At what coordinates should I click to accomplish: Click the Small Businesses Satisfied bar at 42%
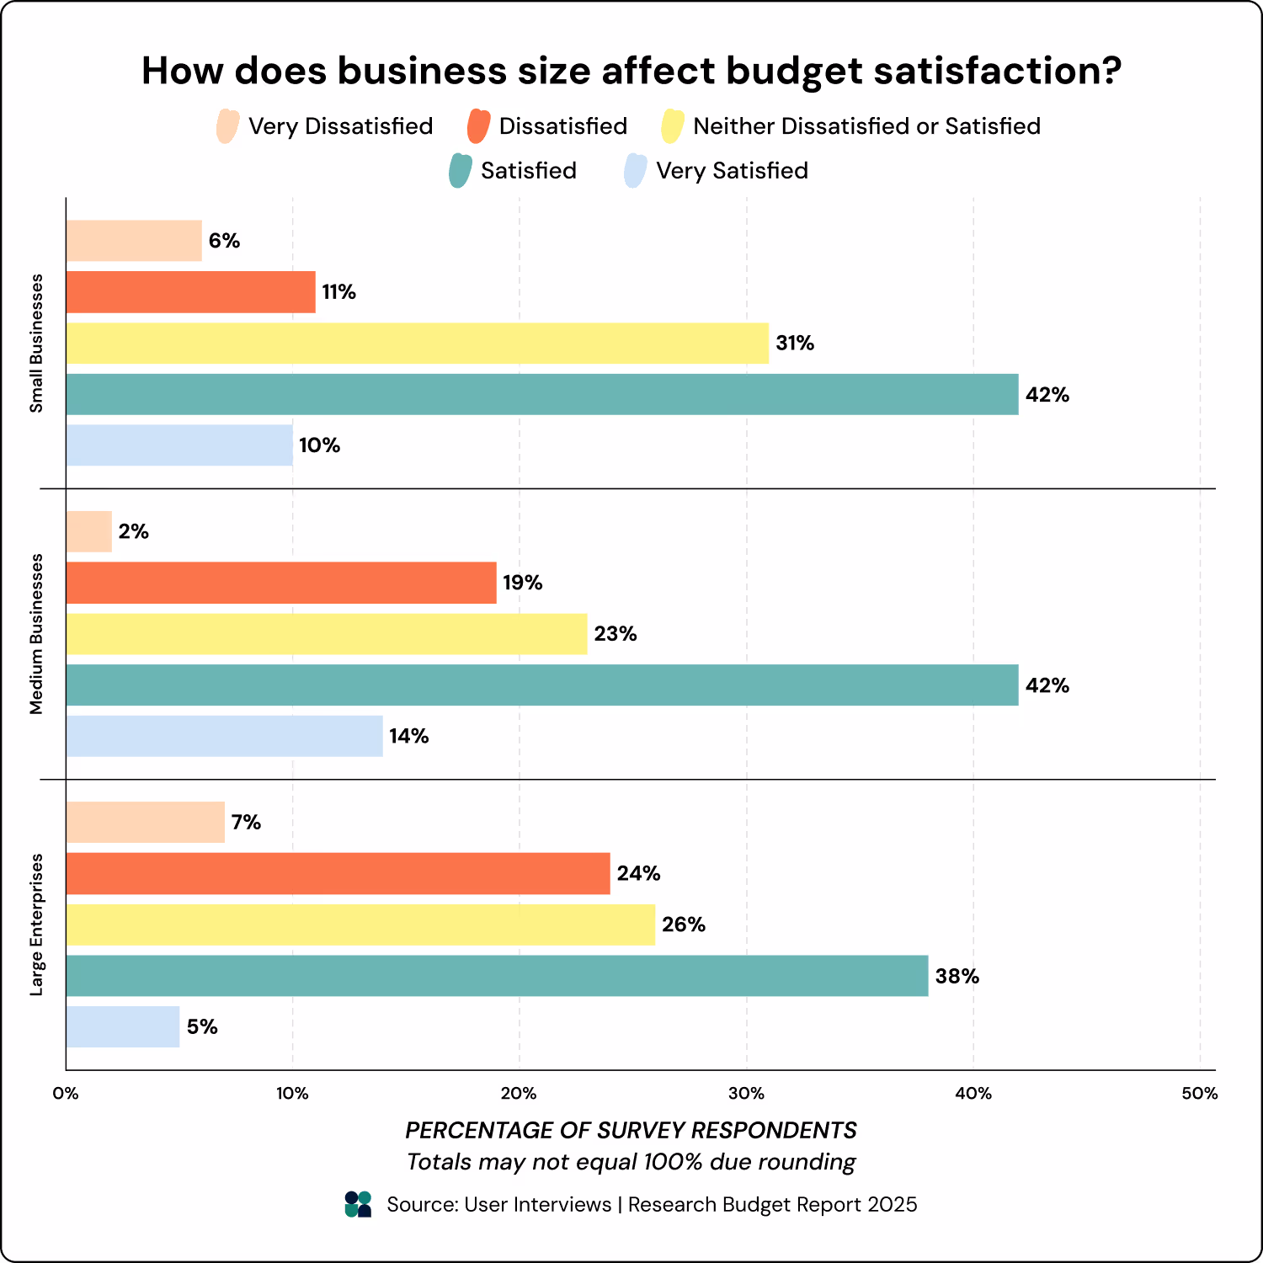click(542, 394)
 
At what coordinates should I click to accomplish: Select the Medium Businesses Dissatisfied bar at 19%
click(281, 583)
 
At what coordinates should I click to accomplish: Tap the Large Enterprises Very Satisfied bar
click(123, 1026)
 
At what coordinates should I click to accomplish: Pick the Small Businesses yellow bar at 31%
click(418, 343)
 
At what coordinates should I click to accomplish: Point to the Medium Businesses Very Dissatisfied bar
click(89, 531)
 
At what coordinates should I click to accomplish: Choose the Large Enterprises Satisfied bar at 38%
click(497, 976)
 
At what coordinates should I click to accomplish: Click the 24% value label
click(638, 873)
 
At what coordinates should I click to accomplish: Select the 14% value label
click(408, 737)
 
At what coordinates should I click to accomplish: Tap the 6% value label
click(224, 241)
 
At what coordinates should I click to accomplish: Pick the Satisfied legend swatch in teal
click(460, 171)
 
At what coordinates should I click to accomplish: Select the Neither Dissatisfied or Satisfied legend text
click(866, 126)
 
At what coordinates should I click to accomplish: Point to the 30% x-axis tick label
click(746, 1094)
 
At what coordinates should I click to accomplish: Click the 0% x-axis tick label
click(66, 1094)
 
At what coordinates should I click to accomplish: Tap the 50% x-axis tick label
click(1200, 1094)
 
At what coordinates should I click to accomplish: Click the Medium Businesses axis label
click(36, 634)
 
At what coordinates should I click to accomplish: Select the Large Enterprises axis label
click(36, 925)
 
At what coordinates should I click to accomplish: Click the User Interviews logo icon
click(358, 1204)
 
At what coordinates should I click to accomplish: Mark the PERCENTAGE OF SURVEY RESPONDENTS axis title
click(631, 1130)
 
